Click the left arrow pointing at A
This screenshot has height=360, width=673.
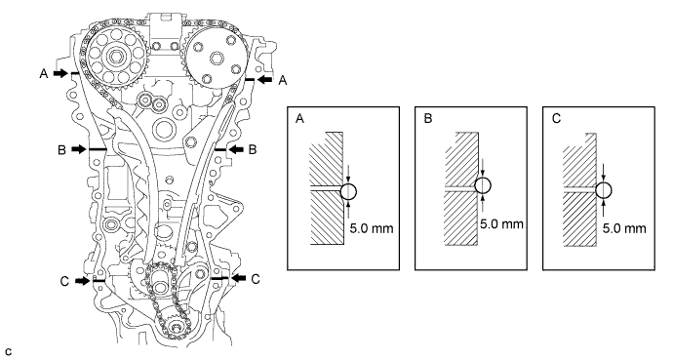[60, 73]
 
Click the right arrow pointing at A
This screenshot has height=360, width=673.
[265, 79]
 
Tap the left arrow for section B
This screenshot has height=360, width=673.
[79, 149]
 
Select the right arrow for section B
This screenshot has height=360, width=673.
[236, 149]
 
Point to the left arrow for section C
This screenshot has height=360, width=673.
[82, 281]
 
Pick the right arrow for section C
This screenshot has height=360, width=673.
[239, 278]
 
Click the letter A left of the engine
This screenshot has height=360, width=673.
[43, 74]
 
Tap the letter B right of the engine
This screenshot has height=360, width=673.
[253, 149]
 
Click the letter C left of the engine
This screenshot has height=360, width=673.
[64, 281]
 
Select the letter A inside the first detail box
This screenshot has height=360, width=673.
[299, 118]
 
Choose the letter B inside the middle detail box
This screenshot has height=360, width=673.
[427, 118]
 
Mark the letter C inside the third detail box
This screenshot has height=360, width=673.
[556, 118]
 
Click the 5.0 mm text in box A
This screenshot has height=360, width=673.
[372, 228]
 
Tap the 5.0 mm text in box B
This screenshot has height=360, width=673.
[501, 224]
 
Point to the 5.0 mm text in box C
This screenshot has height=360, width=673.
[624, 228]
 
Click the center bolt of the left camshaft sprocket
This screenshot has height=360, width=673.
[115, 57]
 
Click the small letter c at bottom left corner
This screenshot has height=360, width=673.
[9, 352]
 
